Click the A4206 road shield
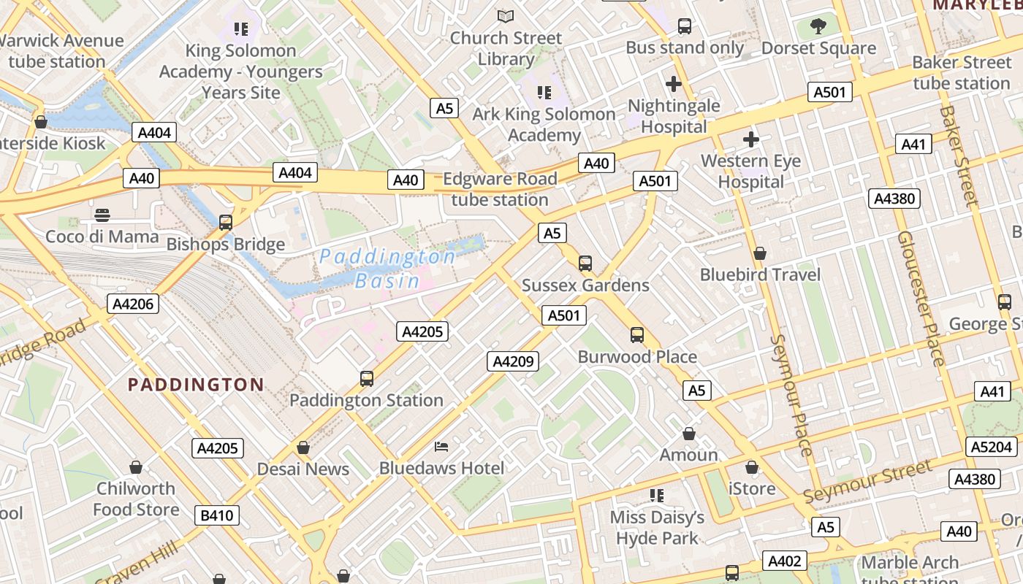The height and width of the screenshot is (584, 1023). (x=133, y=304)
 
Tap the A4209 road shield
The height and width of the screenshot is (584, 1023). (x=513, y=361)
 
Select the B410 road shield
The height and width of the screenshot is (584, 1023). (x=217, y=515)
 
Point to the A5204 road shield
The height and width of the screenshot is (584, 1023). (x=992, y=447)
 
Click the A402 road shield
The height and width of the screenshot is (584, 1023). (x=786, y=561)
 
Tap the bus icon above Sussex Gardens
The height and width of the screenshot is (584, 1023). (x=585, y=264)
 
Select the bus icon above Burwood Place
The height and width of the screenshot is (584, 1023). (x=637, y=335)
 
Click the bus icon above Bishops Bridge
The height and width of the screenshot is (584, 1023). (x=226, y=223)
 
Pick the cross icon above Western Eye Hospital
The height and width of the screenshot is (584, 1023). (x=750, y=139)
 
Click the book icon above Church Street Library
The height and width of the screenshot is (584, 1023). (x=506, y=16)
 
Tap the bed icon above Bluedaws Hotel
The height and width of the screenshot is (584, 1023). (x=441, y=446)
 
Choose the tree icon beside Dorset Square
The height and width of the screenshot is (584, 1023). (x=818, y=27)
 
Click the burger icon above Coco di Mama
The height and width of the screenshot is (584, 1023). (x=102, y=215)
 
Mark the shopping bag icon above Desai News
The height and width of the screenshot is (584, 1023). (x=303, y=447)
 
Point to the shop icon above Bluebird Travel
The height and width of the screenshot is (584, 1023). (x=760, y=253)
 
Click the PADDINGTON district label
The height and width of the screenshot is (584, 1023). (x=196, y=385)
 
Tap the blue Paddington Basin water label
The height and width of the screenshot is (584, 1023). (x=387, y=268)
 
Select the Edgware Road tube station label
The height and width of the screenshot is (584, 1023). (x=500, y=189)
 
